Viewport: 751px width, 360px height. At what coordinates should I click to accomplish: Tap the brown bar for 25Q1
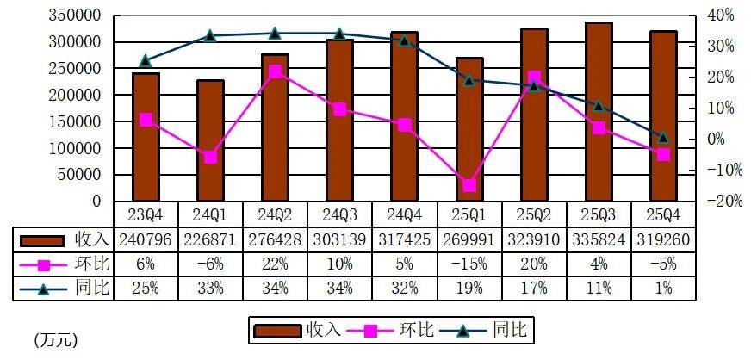point(469,129)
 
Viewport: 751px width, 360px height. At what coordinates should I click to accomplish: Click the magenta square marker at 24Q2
point(275,71)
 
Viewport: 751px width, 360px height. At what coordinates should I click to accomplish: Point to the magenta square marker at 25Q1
point(469,185)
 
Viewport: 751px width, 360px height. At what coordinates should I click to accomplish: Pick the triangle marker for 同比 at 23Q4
point(146,61)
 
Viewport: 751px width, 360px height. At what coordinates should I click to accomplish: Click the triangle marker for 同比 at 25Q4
point(663,137)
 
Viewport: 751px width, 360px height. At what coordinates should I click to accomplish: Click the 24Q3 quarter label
point(339,213)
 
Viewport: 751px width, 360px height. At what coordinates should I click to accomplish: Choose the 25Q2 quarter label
point(533,213)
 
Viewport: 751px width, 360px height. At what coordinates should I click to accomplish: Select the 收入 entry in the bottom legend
point(293,329)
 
